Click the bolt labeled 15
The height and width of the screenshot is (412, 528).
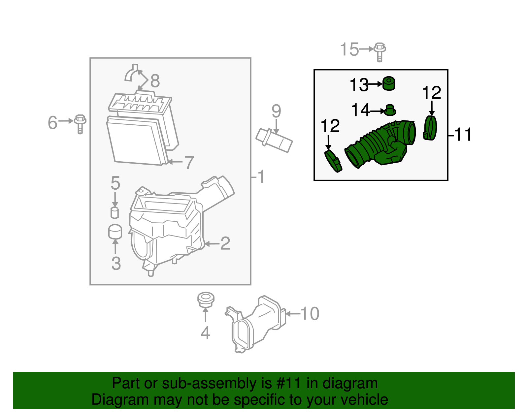click(x=380, y=52)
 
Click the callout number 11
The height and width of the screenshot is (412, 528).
click(x=463, y=135)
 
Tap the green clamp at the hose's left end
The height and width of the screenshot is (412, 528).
click(x=333, y=161)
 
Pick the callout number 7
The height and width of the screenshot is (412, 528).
click(x=189, y=162)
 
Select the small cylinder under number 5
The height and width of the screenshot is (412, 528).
click(x=115, y=212)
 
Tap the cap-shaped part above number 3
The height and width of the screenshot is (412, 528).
click(x=115, y=232)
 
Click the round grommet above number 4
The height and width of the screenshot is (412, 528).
click(x=206, y=299)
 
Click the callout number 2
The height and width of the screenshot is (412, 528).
click(x=225, y=243)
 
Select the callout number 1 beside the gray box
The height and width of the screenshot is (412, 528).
click(x=261, y=177)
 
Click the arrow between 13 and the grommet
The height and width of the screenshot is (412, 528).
click(x=375, y=84)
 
